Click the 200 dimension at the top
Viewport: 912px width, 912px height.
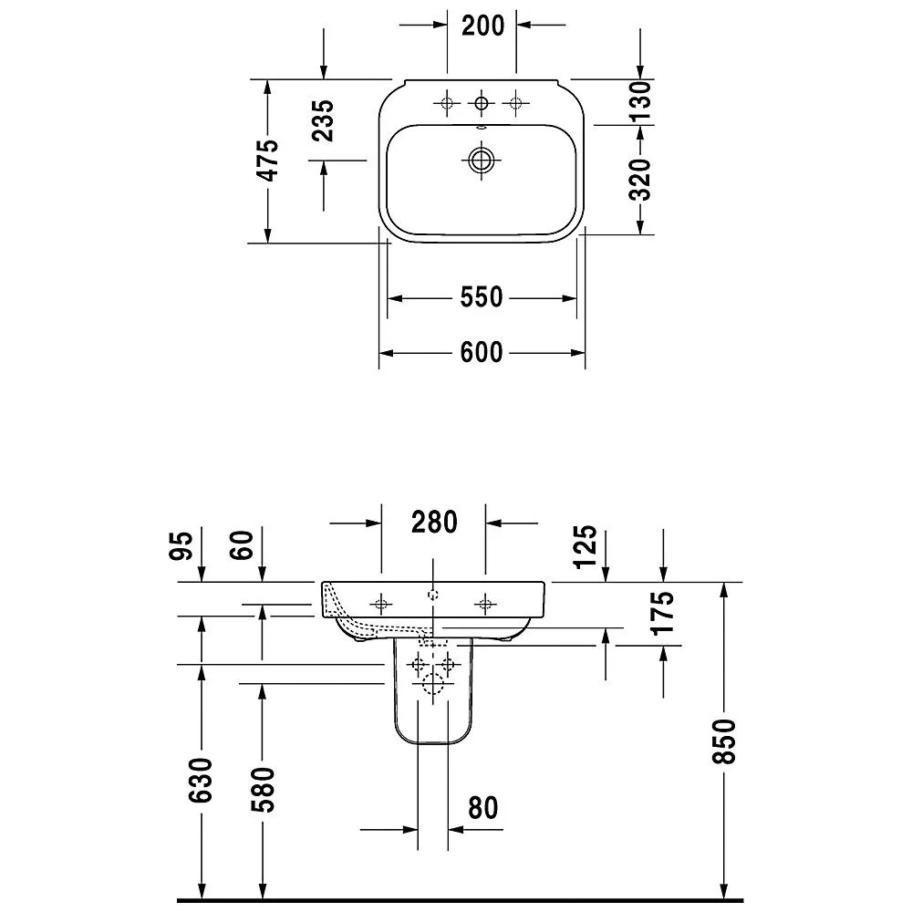tap(482, 26)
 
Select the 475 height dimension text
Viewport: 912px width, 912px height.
tap(265, 161)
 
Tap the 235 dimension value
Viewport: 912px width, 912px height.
tap(324, 119)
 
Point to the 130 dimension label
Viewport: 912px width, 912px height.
tap(640, 101)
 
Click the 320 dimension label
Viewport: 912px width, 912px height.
tap(640, 179)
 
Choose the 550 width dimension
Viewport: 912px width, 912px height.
tap(482, 297)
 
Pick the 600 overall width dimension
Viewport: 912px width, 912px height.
tap(482, 351)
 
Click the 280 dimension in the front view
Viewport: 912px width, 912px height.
tap(433, 523)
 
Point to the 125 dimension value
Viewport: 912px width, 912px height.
tap(586, 546)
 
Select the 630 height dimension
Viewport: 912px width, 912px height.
tap(202, 780)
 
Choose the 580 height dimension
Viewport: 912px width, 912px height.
tap(263, 787)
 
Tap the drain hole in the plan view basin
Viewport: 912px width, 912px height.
tap(481, 161)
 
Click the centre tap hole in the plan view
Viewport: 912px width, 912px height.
tap(482, 104)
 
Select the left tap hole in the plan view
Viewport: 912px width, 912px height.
tap(447, 104)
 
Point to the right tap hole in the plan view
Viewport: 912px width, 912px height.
tap(516, 104)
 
